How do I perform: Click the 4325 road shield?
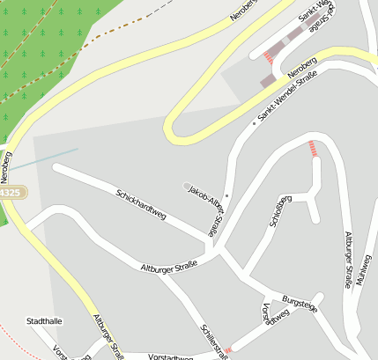click(11, 191)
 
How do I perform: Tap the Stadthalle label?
click(44, 321)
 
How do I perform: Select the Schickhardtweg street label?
click(141, 202)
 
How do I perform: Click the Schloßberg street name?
click(281, 210)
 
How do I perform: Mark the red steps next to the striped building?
click(268, 58)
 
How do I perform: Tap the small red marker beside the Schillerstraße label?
click(228, 350)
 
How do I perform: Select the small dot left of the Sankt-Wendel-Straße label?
click(254, 123)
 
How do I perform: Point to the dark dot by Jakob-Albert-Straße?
click(226, 195)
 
